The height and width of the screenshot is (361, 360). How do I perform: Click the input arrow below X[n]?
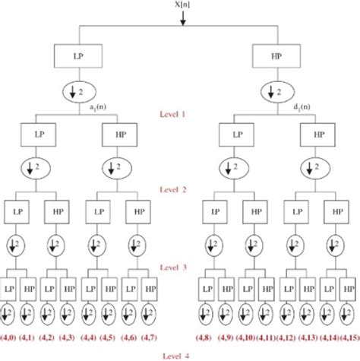(x=182, y=18)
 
